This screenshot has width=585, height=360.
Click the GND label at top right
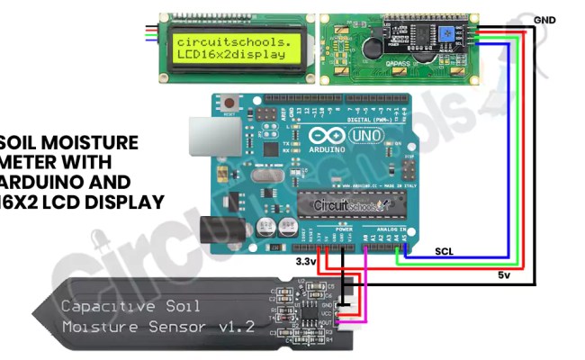click(544, 20)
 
